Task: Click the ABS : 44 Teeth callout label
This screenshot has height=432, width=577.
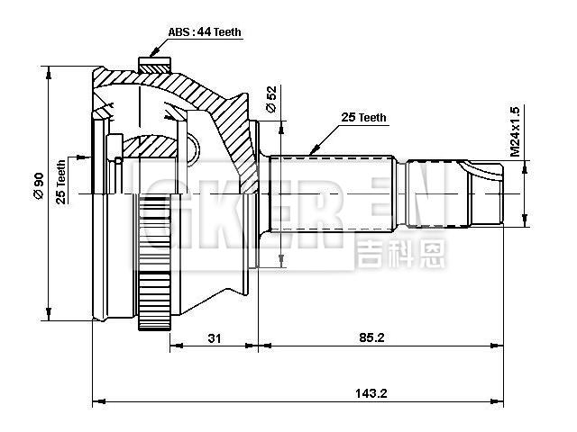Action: point(205,32)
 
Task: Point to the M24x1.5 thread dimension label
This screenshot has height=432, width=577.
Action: point(515,131)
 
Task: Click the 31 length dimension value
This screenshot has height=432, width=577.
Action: point(215,338)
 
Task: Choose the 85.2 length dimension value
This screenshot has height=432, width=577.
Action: point(371,338)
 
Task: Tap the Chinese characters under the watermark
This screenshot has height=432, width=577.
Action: point(401,253)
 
